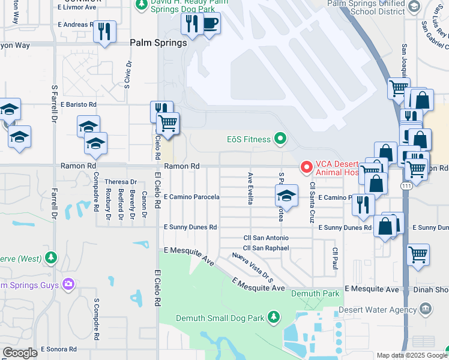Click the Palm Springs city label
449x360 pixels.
[x=158, y=43]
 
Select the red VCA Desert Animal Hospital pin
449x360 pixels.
[x=306, y=166]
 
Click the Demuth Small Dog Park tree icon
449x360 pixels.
[x=274, y=316]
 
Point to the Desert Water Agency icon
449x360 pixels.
[x=426, y=310]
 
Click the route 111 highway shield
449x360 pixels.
[x=406, y=187]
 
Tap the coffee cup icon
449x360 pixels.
[x=210, y=24]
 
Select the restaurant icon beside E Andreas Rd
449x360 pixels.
[x=106, y=31]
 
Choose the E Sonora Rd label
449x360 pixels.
[x=59, y=349]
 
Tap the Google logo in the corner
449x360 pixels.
[x=20, y=353]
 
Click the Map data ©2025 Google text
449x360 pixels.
[x=411, y=355]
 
